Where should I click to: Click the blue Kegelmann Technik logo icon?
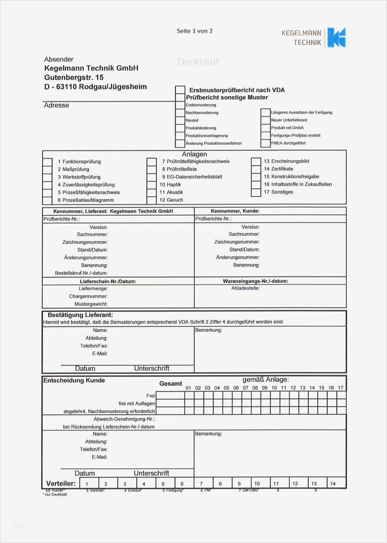pos(336,37)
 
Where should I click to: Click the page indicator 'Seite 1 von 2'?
pos(194,31)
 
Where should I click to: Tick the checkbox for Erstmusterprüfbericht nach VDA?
pos(180,90)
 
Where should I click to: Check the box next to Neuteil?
pos(180,120)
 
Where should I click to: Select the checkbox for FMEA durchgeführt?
pos(265,143)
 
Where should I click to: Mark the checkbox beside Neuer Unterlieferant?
pos(265,120)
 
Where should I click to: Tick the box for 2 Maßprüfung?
pos(47,169)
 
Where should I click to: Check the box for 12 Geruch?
pos(151,200)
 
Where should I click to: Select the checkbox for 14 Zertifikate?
pos(256,169)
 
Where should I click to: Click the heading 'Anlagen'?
pos(194,154)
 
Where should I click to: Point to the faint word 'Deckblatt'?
pos(198,61)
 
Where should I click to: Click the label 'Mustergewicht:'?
pos(91,304)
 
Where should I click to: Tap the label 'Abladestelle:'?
pos(245,288)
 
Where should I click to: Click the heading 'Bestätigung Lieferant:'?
pos(80,315)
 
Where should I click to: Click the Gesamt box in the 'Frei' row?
pos(170,396)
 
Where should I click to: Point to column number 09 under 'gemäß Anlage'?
pos(265,388)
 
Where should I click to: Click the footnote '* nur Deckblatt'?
pos(55,494)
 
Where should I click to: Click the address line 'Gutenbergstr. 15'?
pos(74,77)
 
